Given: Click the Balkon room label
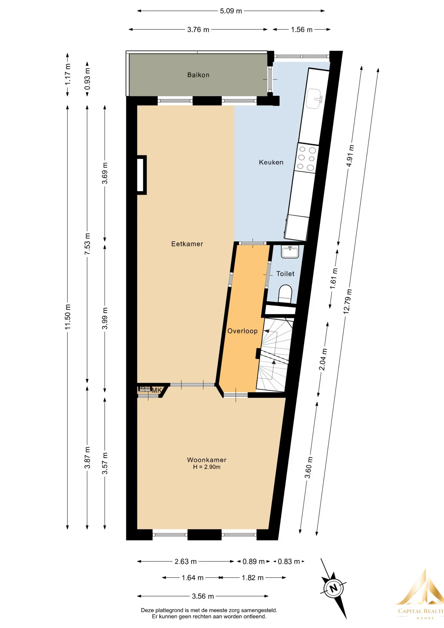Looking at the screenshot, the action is [x=198, y=75].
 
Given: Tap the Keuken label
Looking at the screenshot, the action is [x=271, y=162].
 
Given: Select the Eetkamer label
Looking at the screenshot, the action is [x=187, y=244].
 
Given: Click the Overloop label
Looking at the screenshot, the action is [x=242, y=331].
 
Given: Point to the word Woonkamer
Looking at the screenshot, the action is [x=207, y=460].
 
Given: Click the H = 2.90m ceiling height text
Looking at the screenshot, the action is [x=207, y=467].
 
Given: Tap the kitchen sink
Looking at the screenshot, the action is [x=314, y=98].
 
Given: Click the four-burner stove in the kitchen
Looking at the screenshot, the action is [x=306, y=159].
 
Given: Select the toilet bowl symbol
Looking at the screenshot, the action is [x=285, y=293].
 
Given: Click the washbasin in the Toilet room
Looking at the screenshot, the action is [x=290, y=252].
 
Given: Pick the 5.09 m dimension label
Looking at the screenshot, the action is [x=231, y=11].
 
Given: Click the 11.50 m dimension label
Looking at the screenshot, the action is [x=68, y=317].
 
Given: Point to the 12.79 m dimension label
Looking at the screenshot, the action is [x=348, y=301].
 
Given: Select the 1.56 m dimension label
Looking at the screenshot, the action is [x=302, y=30].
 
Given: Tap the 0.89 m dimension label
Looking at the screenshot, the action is [x=253, y=562].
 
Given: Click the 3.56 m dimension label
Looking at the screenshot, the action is [x=203, y=596].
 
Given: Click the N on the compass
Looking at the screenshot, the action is [x=333, y=588].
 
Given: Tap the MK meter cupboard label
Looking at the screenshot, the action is [x=157, y=390].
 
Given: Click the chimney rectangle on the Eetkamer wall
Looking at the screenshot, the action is [x=141, y=175].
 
